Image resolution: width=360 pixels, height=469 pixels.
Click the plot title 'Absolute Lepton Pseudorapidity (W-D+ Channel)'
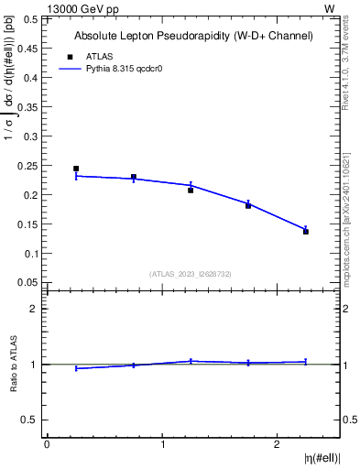click(x=193, y=36)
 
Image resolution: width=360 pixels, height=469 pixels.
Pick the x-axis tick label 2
click(x=277, y=445)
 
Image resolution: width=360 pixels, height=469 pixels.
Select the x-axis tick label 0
click(x=47, y=445)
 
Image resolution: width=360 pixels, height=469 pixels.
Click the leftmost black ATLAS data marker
click(x=76, y=169)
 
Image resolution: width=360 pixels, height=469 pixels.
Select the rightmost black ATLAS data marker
click(x=306, y=232)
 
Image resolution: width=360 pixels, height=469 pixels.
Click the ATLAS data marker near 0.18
click(x=248, y=206)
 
